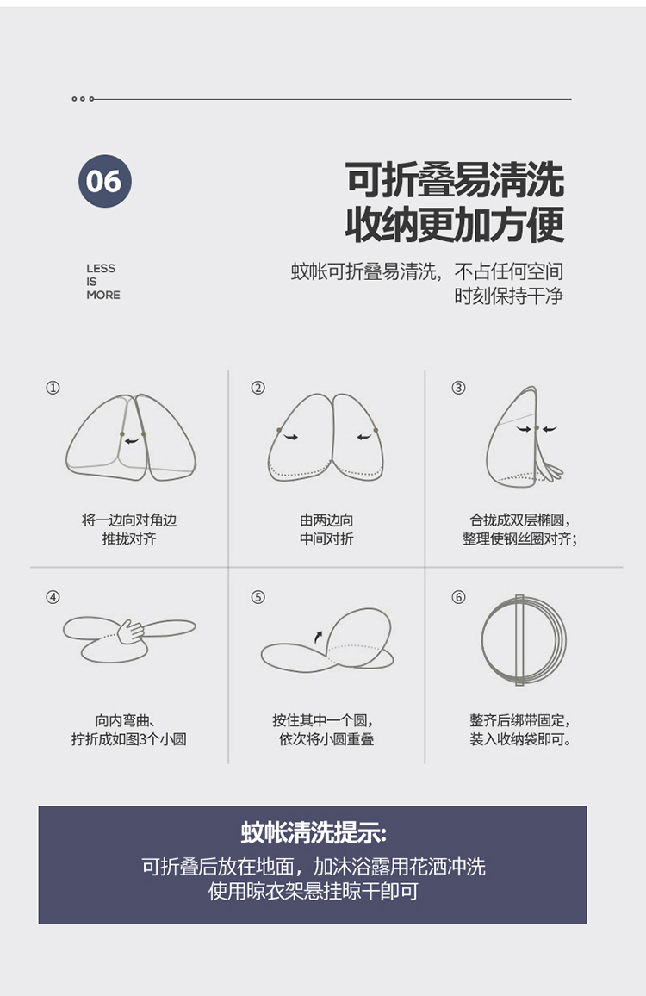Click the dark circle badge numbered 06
[x=105, y=181]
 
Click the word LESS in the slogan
[x=101, y=268]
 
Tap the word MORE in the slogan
[x=102, y=295]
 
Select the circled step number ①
[x=53, y=388]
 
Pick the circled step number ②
[x=258, y=388]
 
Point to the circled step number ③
[x=458, y=388]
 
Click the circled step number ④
[x=53, y=597]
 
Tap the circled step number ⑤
[x=258, y=597]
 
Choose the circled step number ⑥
[x=458, y=597]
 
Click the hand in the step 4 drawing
[x=130, y=632]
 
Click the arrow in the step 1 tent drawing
[x=132, y=440]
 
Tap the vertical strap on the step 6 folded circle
[x=519, y=640]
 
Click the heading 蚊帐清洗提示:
[x=314, y=832]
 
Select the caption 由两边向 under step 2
[x=326, y=520]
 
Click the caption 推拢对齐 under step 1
[x=129, y=539]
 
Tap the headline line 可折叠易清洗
[x=455, y=180]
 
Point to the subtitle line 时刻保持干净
[x=509, y=296]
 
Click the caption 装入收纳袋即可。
[x=520, y=739]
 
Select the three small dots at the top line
[x=84, y=99]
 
